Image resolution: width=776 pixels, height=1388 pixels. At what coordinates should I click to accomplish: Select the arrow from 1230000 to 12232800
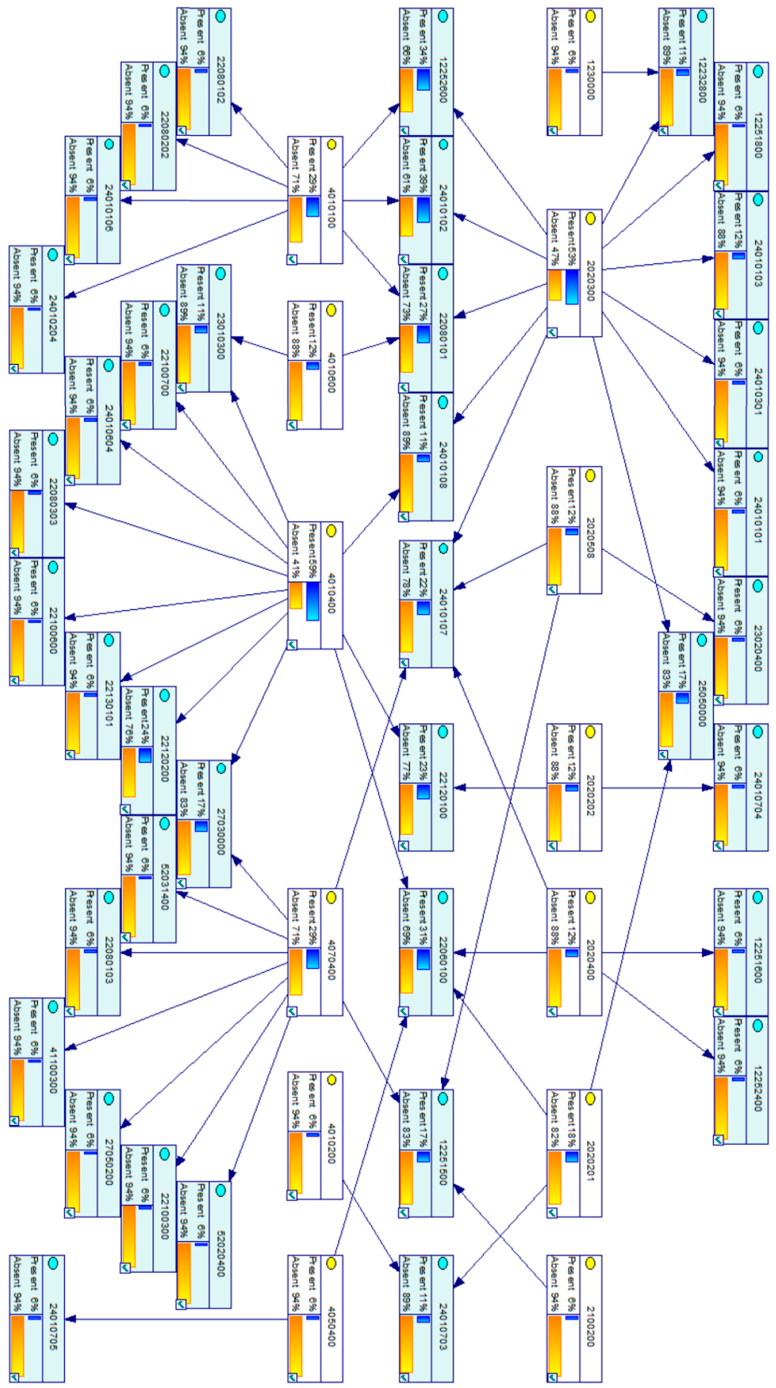point(630,72)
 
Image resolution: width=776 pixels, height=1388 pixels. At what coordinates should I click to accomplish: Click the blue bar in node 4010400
point(312,601)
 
